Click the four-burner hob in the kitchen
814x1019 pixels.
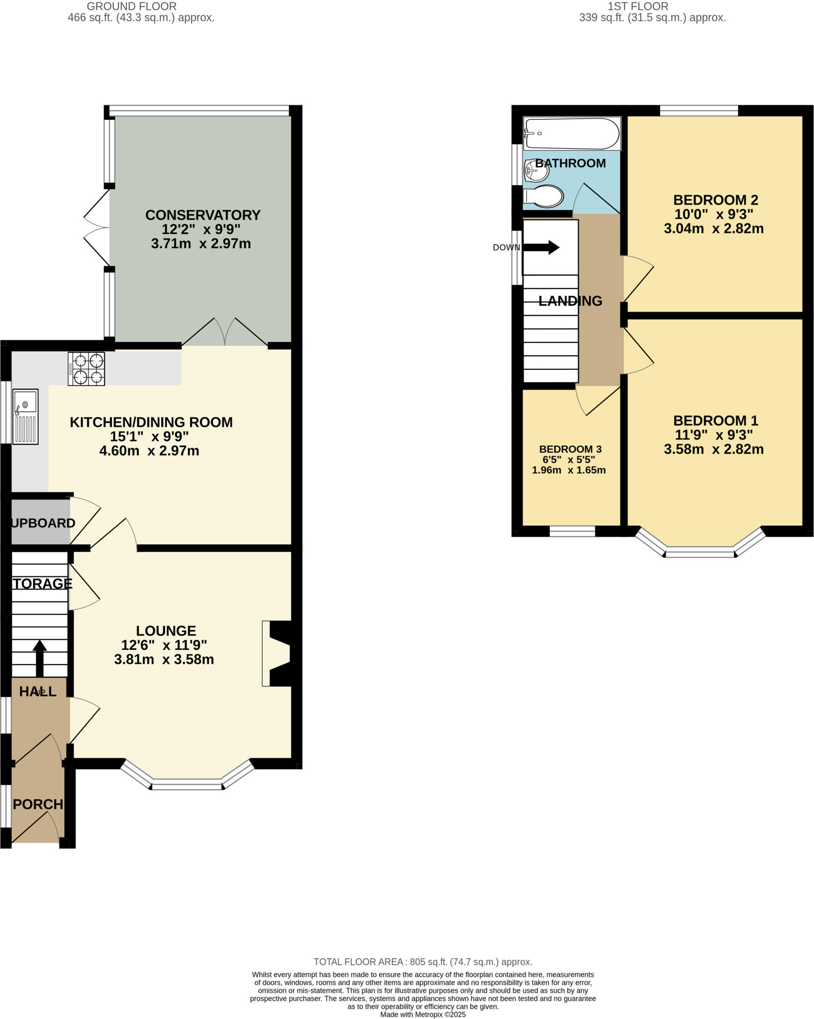pyautogui.click(x=87, y=369)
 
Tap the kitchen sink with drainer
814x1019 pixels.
pyautogui.click(x=25, y=416)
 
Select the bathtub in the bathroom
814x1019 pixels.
pyautogui.click(x=572, y=133)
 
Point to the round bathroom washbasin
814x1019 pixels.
pyautogui.click(x=536, y=172)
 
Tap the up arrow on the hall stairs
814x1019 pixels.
pyautogui.click(x=39, y=657)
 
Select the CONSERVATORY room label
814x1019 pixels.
pyautogui.click(x=203, y=215)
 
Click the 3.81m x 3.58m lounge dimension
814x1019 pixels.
pyautogui.click(x=164, y=660)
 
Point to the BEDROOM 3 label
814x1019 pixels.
pyautogui.click(x=570, y=449)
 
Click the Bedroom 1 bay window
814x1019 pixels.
pyautogui.click(x=700, y=550)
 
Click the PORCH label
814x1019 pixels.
pyautogui.click(x=38, y=804)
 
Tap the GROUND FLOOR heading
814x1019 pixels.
pyautogui.click(x=131, y=6)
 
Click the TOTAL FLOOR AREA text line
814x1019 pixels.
pyautogui.click(x=422, y=962)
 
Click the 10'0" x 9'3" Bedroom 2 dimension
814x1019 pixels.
pyautogui.click(x=713, y=214)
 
